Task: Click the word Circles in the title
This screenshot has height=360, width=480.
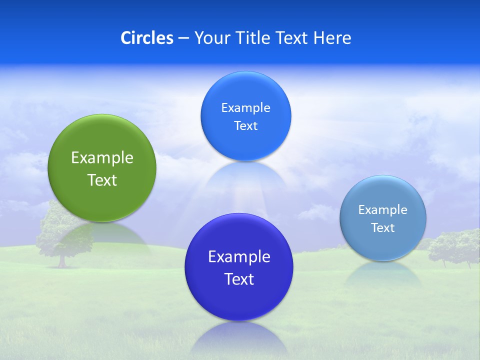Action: click(147, 38)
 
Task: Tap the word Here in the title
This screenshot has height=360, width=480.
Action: click(332, 38)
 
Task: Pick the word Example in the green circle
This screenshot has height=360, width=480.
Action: click(102, 158)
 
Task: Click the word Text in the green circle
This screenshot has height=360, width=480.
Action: click(102, 180)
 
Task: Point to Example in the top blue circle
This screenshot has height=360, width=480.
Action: click(245, 108)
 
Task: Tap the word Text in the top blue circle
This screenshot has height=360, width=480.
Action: click(245, 126)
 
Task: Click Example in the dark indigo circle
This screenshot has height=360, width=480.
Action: click(239, 257)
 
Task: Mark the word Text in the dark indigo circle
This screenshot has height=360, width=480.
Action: click(239, 279)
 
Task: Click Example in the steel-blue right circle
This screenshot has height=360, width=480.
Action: click(383, 210)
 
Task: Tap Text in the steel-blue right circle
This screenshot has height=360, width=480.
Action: click(383, 228)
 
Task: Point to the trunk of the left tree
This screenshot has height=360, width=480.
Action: click(62, 260)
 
